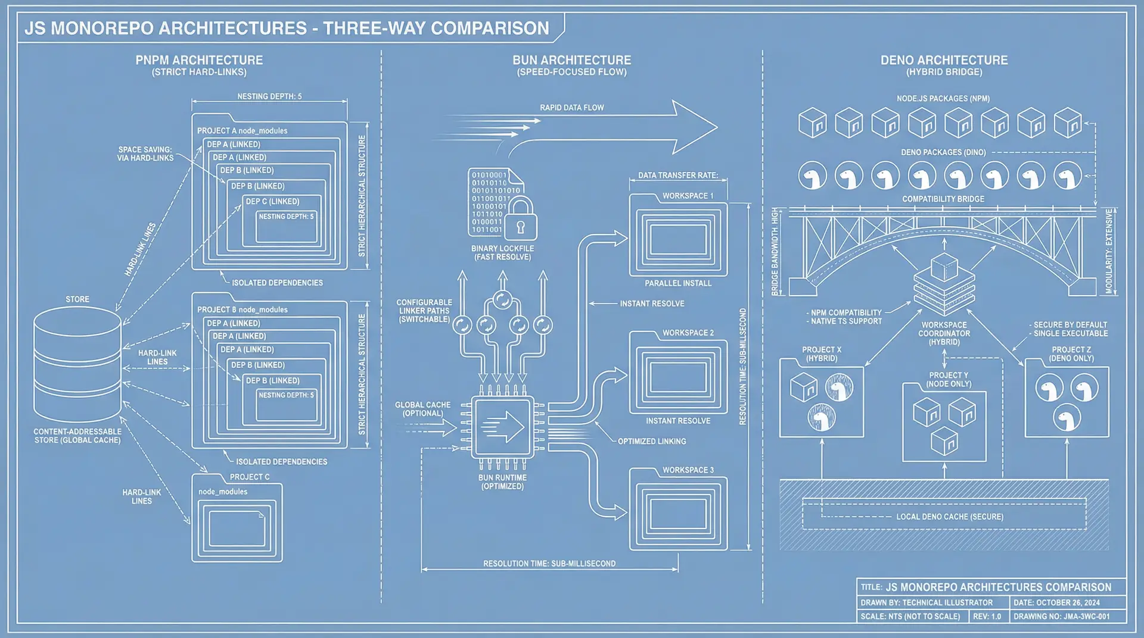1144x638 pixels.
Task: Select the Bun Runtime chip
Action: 502,427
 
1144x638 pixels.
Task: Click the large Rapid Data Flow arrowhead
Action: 694,127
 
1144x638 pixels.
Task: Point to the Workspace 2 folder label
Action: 688,333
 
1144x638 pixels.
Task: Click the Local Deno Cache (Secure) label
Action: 949,517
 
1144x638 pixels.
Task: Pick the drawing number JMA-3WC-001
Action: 1061,617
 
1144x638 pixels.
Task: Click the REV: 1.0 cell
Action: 987,617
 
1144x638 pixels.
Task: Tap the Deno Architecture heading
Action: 944,60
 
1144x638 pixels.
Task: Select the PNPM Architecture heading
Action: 199,60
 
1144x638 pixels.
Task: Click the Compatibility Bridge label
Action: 943,199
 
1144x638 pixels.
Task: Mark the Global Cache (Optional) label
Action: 422,409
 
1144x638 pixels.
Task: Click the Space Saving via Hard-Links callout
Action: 145,154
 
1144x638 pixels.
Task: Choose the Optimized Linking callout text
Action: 651,442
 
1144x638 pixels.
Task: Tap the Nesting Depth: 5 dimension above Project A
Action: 269,96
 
